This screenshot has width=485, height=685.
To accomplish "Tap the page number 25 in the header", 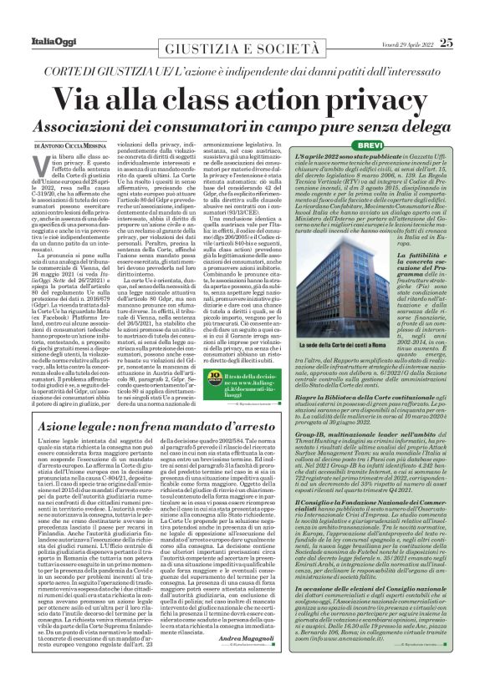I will click(x=448, y=18).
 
